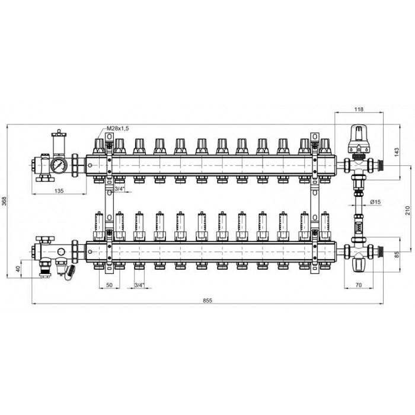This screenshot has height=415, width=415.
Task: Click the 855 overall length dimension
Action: pyautogui.click(x=207, y=301)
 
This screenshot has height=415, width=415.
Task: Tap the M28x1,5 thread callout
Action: pyautogui.click(x=117, y=129)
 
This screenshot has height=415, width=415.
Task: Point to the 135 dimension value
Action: pyautogui.click(x=59, y=190)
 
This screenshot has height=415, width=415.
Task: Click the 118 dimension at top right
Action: pyautogui.click(x=359, y=109)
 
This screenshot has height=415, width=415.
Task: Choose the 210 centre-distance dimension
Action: pyautogui.click(x=408, y=211)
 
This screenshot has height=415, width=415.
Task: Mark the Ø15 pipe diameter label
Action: pyautogui.click(x=375, y=202)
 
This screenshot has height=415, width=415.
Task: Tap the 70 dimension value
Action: pyautogui.click(x=359, y=285)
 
